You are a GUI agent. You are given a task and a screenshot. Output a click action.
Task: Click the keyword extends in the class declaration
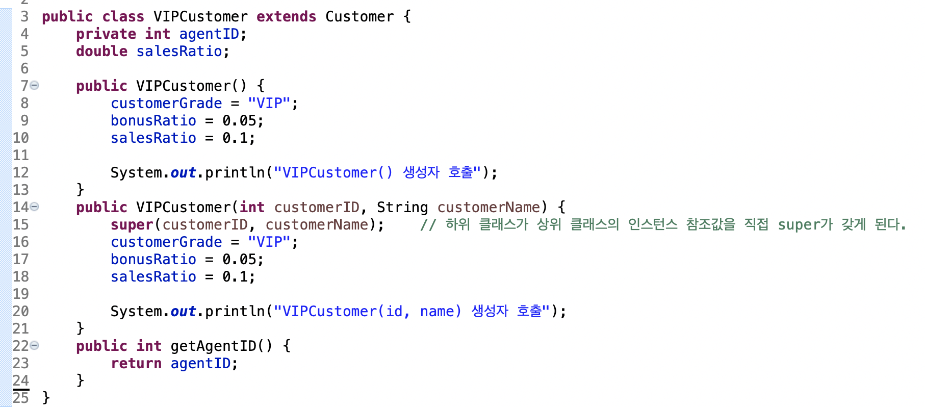[x=286, y=16]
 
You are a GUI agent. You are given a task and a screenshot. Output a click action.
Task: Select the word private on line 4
[x=106, y=34]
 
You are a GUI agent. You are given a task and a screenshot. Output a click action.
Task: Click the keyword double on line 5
[x=102, y=51]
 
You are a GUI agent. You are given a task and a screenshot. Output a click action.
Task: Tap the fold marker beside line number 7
[x=34, y=85]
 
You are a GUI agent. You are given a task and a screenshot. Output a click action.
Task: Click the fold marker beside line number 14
[x=34, y=207]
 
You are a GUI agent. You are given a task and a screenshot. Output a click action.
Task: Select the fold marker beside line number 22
[x=34, y=345]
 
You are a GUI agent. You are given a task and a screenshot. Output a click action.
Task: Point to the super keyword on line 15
[x=132, y=225]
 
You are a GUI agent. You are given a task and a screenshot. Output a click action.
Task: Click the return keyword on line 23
[x=136, y=363]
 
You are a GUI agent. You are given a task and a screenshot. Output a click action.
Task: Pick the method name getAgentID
[x=213, y=346]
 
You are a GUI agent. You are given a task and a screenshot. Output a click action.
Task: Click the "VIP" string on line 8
[x=269, y=103]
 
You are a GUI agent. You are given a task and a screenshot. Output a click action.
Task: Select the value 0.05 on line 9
[x=239, y=120]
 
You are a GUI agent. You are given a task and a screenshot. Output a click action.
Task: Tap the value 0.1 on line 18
[x=235, y=276]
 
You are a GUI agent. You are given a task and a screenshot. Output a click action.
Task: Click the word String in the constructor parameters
[x=402, y=207]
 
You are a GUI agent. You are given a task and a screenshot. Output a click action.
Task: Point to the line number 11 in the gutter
[x=21, y=155]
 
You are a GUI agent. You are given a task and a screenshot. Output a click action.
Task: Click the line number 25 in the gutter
[x=21, y=398]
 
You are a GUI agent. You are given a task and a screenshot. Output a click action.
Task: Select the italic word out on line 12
[x=183, y=172]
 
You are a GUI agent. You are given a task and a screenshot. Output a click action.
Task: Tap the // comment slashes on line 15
[x=428, y=225]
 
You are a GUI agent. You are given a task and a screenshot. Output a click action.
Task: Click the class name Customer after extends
[x=359, y=16]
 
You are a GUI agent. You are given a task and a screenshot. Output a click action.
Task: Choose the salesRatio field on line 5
[x=179, y=51]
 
